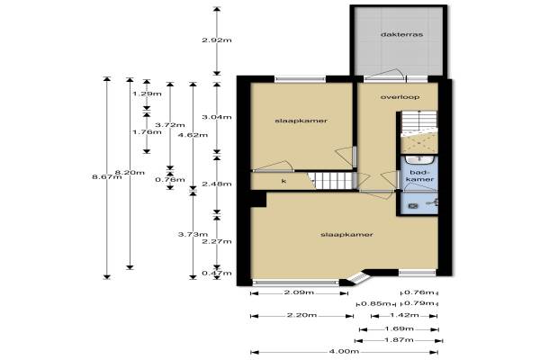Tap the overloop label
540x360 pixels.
pos(400,97)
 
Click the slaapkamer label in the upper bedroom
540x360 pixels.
pos(301,121)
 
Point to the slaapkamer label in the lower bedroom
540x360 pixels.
pos(346,235)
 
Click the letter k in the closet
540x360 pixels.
pos(283,181)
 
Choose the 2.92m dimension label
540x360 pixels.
pos(217,40)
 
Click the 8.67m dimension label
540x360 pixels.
pos(107,177)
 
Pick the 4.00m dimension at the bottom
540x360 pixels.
pos(344,352)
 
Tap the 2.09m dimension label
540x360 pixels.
pos(299,292)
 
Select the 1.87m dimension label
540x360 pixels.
pos(399,340)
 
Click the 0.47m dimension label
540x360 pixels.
pos(217,274)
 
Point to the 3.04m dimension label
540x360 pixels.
pos(217,117)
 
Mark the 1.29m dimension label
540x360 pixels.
pos(147,94)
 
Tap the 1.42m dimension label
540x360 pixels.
pos(404,315)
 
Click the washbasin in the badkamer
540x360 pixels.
pos(418,160)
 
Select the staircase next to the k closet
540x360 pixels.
pos(332,181)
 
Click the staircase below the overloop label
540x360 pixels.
pos(419,123)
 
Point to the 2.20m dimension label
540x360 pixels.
pos(301,315)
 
